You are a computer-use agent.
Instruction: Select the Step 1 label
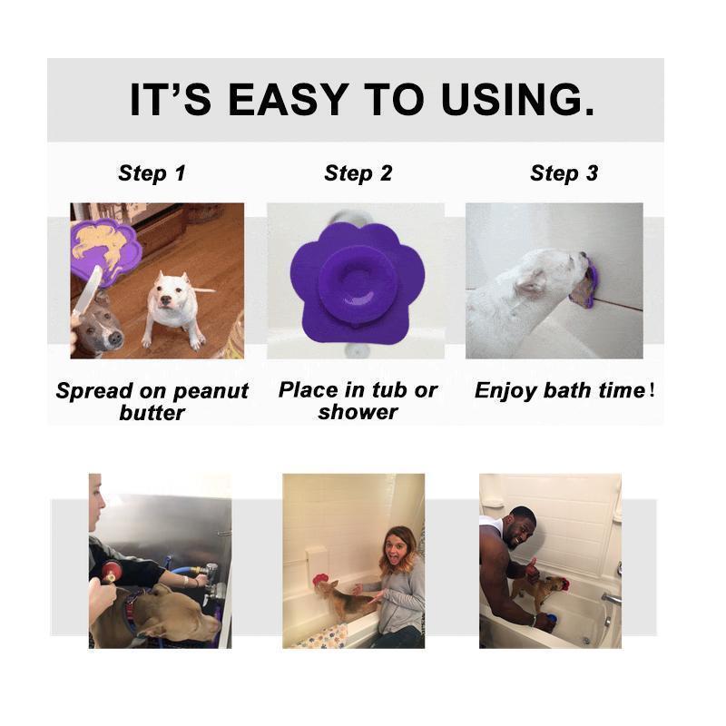(152, 173)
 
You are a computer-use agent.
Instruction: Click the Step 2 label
(358, 173)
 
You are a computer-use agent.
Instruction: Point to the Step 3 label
(564, 173)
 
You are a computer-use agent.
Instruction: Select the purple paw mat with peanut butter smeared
(104, 250)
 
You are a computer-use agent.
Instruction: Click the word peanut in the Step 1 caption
(208, 391)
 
